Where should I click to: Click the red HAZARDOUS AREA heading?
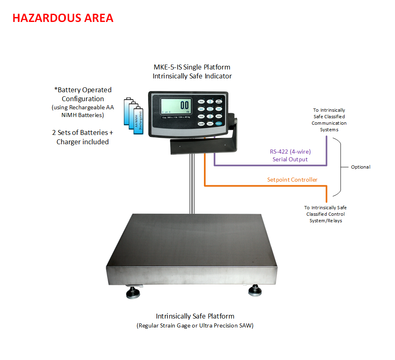click(63, 18)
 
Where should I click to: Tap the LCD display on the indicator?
click(176, 106)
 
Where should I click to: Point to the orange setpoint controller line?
click(264, 186)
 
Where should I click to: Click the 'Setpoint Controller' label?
click(292, 180)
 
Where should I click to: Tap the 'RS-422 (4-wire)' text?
click(290, 152)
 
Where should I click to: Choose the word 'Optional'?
click(360, 167)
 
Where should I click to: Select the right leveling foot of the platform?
click(256, 290)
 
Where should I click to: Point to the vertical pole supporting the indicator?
click(191, 183)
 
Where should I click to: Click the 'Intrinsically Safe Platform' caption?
click(195, 316)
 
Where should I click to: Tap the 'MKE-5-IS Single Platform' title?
click(192, 67)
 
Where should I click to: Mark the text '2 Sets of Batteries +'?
click(82, 132)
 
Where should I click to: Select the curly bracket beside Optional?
click(341, 167)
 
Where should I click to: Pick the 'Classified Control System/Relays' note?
click(326, 217)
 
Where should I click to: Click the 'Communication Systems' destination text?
click(329, 126)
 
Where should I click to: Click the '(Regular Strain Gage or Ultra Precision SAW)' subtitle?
click(195, 325)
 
